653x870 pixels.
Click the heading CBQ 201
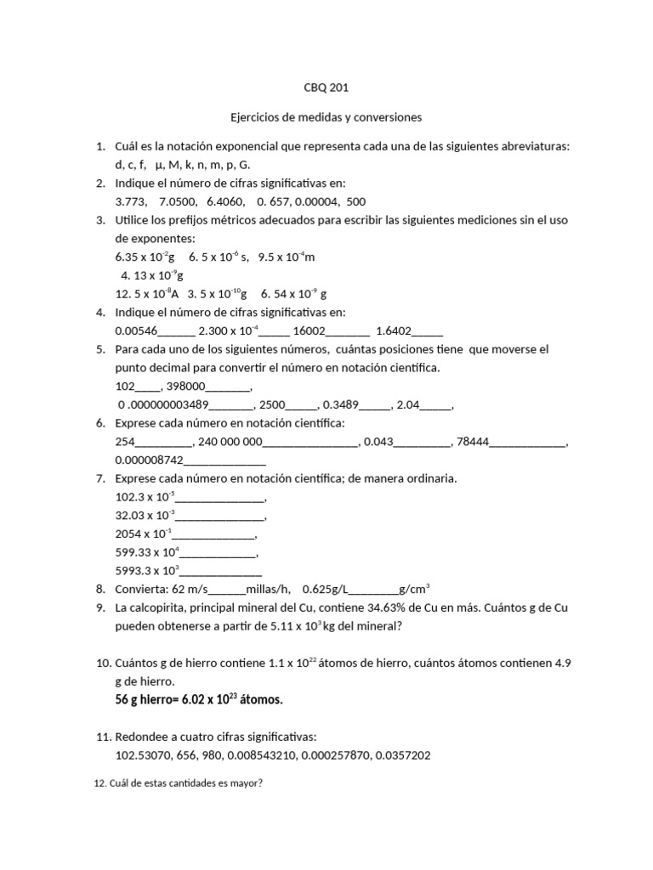click(326, 88)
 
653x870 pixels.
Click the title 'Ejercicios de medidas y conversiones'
click(326, 116)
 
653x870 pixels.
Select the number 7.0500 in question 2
click(178, 201)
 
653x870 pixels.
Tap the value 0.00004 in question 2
click(316, 201)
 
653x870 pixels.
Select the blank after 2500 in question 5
click(304, 404)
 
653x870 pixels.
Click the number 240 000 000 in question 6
click(231, 442)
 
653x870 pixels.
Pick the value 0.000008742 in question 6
click(150, 460)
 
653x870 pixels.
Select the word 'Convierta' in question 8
click(141, 589)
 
